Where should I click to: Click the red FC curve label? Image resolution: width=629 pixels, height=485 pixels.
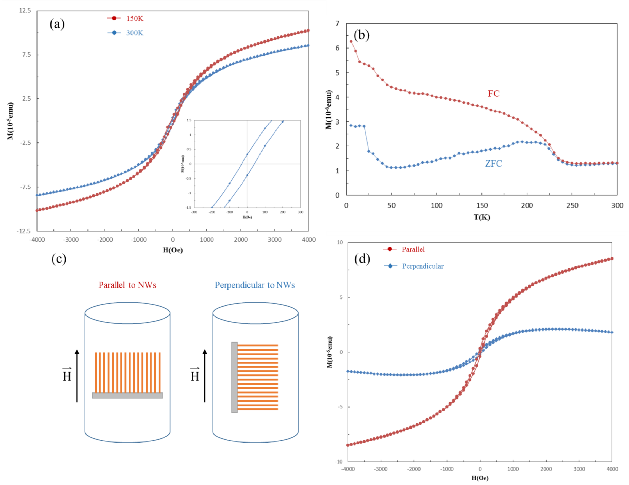point(493,94)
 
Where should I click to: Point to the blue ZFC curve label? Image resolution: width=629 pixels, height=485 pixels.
point(493,163)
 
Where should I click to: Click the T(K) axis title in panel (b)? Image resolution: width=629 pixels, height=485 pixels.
point(482,217)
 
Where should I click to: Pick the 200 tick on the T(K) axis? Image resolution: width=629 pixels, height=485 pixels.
point(527,206)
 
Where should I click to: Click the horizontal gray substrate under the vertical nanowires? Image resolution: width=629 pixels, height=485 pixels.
point(127,395)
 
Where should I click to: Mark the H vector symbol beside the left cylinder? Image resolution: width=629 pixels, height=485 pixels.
point(67,375)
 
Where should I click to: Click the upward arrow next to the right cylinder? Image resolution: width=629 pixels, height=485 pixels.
point(205,376)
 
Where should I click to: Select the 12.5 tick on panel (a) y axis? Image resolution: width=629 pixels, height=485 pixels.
point(25,11)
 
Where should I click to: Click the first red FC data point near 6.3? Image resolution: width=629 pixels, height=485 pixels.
point(351,41)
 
